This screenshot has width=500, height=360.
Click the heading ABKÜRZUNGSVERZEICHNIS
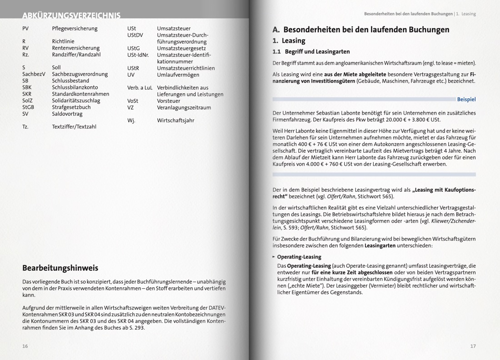click(x=71, y=16)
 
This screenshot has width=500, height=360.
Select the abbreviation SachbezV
click(x=34, y=74)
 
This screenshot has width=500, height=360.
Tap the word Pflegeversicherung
click(x=75, y=29)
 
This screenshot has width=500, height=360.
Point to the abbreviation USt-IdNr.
click(x=138, y=55)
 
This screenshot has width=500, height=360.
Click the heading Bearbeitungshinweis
click(x=60, y=268)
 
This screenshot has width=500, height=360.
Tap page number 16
click(x=25, y=346)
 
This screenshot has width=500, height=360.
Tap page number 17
click(x=473, y=346)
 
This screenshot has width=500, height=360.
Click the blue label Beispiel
click(x=466, y=99)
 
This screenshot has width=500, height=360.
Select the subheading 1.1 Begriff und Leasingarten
click(x=311, y=52)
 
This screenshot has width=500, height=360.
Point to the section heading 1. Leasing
click(x=289, y=41)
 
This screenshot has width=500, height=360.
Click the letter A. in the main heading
click(x=276, y=30)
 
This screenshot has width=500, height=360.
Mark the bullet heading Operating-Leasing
click(x=299, y=257)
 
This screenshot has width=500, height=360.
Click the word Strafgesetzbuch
click(x=71, y=107)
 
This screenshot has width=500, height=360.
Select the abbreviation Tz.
click(x=25, y=127)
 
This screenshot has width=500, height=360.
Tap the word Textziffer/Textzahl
click(x=74, y=127)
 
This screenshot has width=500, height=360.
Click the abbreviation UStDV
click(x=135, y=35)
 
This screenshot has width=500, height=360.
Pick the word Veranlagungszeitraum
click(x=184, y=108)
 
